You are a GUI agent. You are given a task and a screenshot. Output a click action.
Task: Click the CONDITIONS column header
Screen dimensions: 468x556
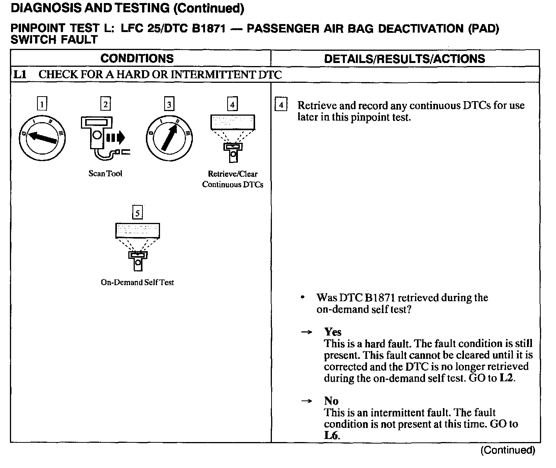click(x=137, y=58)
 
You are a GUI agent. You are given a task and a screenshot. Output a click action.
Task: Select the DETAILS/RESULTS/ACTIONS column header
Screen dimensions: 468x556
click(x=404, y=58)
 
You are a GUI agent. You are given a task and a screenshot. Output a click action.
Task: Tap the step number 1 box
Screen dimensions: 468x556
click(x=42, y=104)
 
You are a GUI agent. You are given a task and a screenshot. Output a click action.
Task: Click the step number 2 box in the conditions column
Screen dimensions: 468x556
click(x=105, y=104)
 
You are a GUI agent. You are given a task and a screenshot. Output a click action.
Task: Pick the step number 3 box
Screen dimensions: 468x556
click(x=169, y=104)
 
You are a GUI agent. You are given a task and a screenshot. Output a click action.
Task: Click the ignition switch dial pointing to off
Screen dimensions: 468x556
click(x=42, y=139)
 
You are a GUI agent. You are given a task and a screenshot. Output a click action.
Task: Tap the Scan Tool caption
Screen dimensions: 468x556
click(x=105, y=174)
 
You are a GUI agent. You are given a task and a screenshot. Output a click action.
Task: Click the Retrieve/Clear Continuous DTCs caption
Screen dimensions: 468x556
click(x=233, y=179)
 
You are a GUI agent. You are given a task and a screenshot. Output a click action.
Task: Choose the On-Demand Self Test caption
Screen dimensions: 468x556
click(x=137, y=282)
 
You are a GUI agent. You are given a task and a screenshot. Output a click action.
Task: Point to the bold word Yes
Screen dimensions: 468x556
click(x=333, y=332)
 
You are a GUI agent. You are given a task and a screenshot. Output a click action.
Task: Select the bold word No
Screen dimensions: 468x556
click(x=331, y=401)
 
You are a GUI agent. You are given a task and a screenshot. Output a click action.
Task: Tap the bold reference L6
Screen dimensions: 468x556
click(x=331, y=436)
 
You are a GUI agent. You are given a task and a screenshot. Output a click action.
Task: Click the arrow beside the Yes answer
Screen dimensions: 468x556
click(x=306, y=332)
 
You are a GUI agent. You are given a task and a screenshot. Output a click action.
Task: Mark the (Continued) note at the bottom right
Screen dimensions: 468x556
click(x=508, y=450)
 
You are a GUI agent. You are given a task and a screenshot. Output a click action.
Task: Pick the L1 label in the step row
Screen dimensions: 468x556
click(x=19, y=74)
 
